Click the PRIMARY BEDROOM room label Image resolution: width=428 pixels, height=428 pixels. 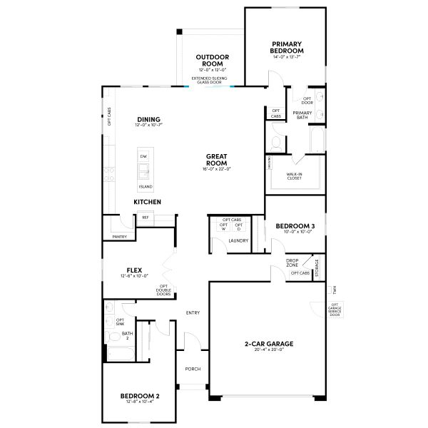pyautogui.click(x=287, y=47)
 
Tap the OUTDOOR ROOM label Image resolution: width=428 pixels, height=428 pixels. pyautogui.click(x=212, y=60)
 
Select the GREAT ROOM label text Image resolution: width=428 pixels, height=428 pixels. pyautogui.click(x=216, y=159)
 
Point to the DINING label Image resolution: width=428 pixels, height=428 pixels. pyautogui.click(x=148, y=119)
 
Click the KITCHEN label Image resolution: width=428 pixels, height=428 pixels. pyautogui.click(x=147, y=202)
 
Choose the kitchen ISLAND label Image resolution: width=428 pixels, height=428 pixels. pyautogui.click(x=145, y=186)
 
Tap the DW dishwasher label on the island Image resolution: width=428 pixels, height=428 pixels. pyautogui.click(x=143, y=156)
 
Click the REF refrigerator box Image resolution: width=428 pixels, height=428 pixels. pyautogui.click(x=146, y=218)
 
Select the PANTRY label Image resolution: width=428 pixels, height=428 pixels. pyautogui.click(x=119, y=237)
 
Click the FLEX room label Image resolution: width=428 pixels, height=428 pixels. pyautogui.click(x=134, y=270)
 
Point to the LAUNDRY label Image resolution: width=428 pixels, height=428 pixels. pyautogui.click(x=238, y=240)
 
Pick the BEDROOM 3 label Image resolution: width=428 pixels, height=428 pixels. pyautogui.click(x=295, y=226)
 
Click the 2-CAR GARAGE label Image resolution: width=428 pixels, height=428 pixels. pyautogui.click(x=269, y=344)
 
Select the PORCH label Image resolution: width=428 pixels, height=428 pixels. pyautogui.click(x=193, y=369)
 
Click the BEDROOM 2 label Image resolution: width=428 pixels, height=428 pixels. pyautogui.click(x=139, y=396)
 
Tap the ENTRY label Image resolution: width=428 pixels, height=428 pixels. pyautogui.click(x=193, y=312)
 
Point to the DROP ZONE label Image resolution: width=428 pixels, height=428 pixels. pyautogui.click(x=292, y=263)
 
